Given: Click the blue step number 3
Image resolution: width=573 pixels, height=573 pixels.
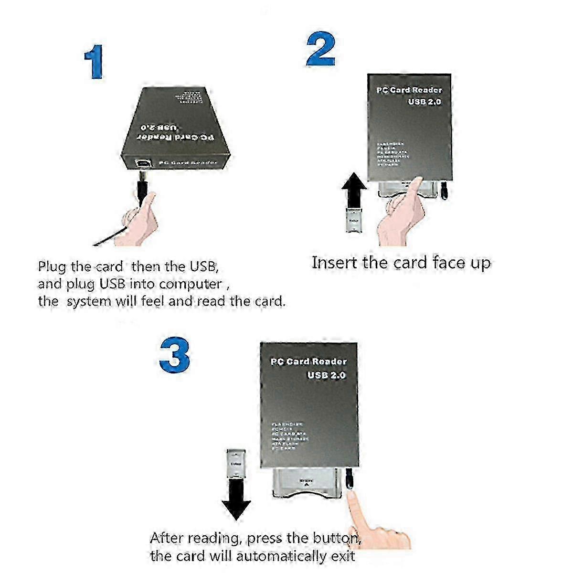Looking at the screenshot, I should (174, 356).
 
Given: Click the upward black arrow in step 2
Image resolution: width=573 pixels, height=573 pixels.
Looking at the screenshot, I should (354, 189).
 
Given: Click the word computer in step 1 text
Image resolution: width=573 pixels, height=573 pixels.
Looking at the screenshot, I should (190, 284).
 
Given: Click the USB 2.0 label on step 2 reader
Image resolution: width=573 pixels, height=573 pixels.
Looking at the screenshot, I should (424, 102).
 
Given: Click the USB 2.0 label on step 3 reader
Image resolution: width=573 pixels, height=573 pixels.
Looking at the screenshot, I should (326, 375).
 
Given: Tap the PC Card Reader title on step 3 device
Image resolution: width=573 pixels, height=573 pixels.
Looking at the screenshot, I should (308, 362).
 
